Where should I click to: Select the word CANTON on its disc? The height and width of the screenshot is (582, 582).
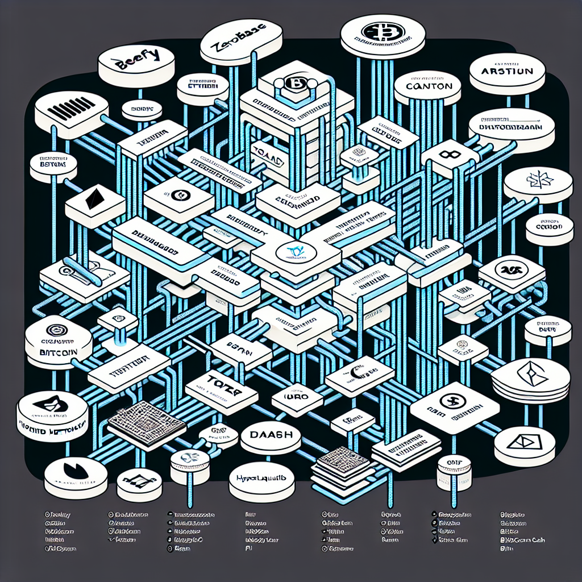(x=429, y=86)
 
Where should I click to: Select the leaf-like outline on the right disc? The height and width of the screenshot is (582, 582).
(x=536, y=180)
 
